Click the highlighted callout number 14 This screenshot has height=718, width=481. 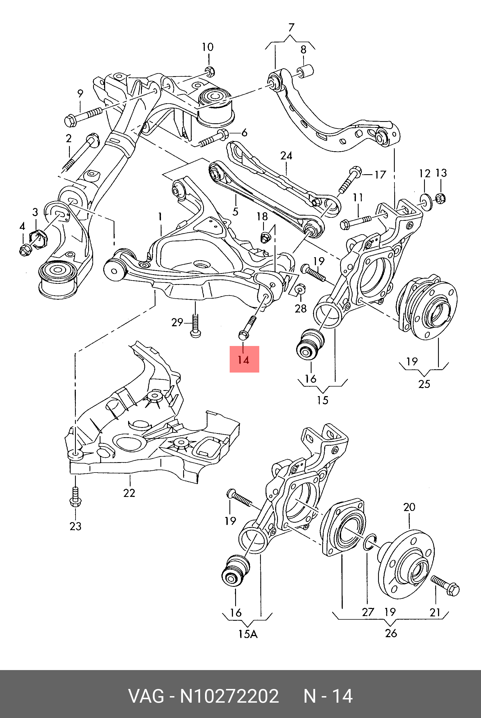click(244, 359)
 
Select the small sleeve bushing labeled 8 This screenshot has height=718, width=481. click(305, 71)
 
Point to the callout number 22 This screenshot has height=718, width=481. click(129, 493)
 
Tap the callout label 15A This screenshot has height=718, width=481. click(248, 634)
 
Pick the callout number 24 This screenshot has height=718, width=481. click(286, 156)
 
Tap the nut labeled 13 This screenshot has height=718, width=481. click(440, 199)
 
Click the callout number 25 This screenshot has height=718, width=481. click(424, 384)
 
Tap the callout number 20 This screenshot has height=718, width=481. click(409, 507)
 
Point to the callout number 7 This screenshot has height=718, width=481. click(291, 28)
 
